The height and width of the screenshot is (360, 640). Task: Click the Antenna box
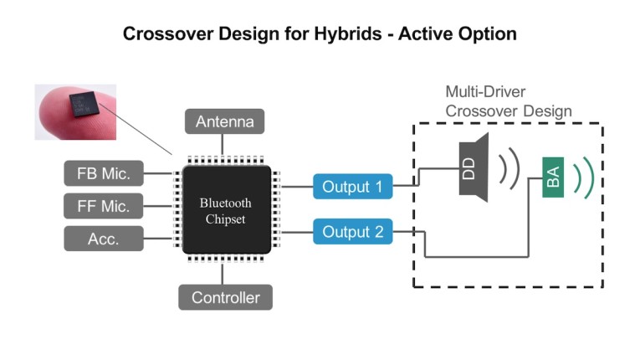pyautogui.click(x=224, y=122)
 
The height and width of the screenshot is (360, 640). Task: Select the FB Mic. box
pyautogui.click(x=104, y=174)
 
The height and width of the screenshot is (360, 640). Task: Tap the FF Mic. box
pyautogui.click(x=104, y=206)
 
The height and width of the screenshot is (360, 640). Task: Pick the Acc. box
pyautogui.click(x=104, y=239)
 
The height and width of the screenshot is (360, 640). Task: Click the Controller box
pyautogui.click(x=225, y=297)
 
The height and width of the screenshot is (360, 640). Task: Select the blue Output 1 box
pyautogui.click(x=352, y=187)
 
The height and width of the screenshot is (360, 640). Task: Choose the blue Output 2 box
pyautogui.click(x=352, y=232)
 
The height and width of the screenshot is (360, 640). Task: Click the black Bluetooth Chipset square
pyautogui.click(x=225, y=209)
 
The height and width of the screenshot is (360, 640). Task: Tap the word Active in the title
pyautogui.click(x=422, y=34)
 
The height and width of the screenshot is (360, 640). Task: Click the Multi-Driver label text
pyautogui.click(x=484, y=92)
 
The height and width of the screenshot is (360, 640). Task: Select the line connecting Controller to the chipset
pyautogui.click(x=224, y=274)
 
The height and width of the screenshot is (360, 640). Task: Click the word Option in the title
pyautogui.click(x=486, y=34)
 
